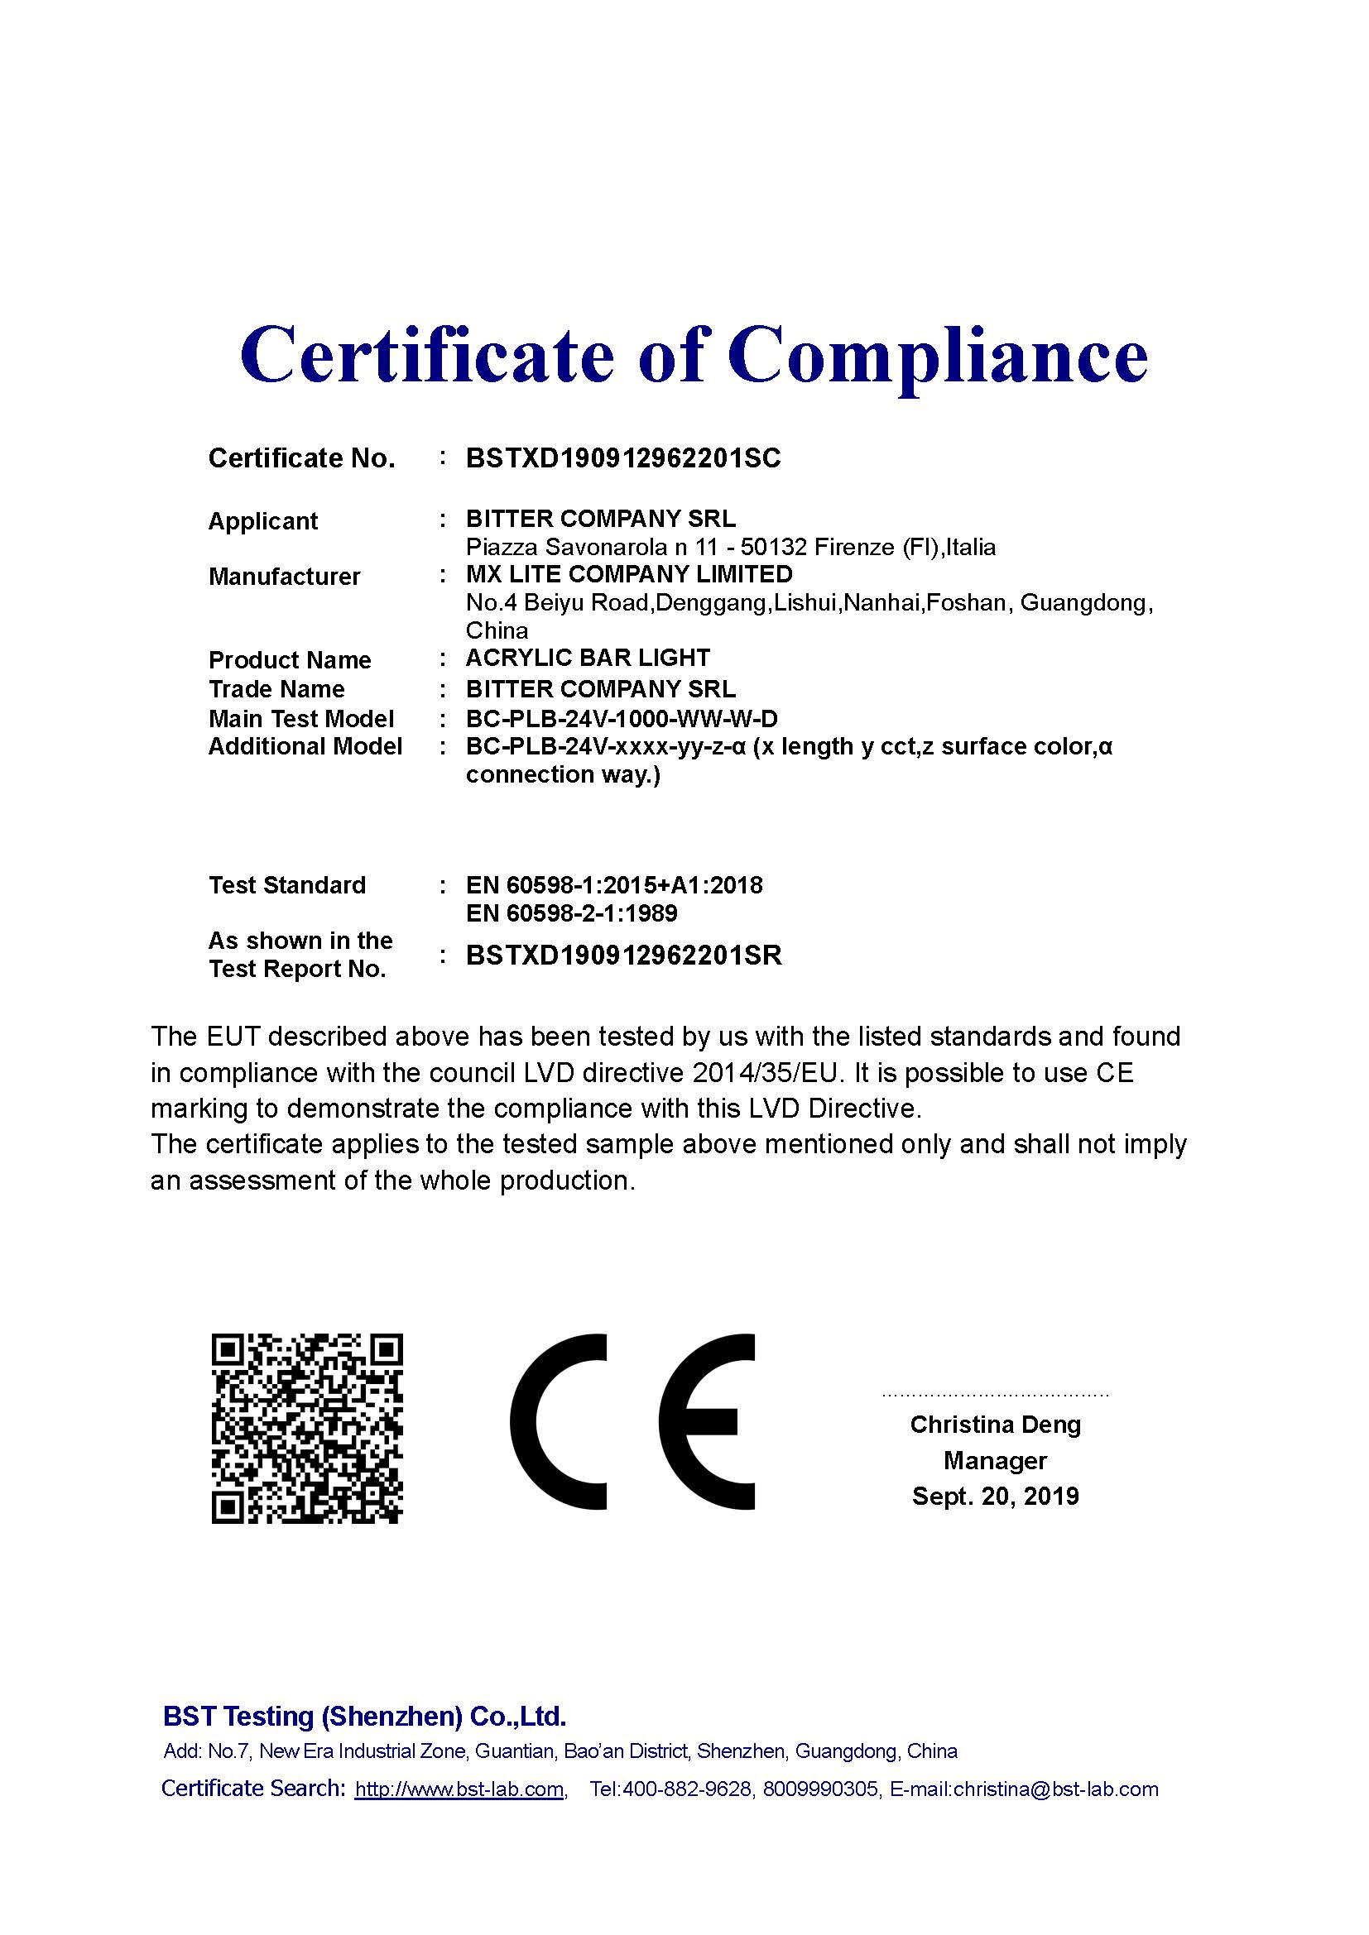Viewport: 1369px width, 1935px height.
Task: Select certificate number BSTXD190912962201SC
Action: pos(623,458)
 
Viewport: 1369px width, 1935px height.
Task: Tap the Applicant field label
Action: pos(262,522)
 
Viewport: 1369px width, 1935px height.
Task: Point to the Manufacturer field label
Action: pos(284,577)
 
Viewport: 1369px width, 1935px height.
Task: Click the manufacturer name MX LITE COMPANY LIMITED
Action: pos(629,575)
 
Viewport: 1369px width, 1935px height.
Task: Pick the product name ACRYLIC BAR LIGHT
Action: pos(588,659)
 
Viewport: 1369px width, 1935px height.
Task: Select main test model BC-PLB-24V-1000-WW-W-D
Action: pos(622,719)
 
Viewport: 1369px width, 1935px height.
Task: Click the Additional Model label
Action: pos(305,747)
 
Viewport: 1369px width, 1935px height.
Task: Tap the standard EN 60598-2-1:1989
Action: pos(572,913)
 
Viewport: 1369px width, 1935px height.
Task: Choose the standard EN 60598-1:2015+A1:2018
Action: pos(613,886)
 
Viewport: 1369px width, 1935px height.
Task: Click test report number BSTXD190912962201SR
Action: pos(624,956)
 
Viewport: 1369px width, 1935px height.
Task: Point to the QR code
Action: pos(307,1428)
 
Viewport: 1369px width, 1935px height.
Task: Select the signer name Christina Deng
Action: pos(995,1425)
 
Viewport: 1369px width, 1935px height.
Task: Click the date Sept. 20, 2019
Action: pos(995,1497)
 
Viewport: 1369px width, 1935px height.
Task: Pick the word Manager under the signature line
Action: pos(995,1460)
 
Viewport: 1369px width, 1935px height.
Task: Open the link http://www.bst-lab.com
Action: pos(459,1789)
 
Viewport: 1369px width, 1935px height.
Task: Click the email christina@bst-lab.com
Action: pos(1055,1789)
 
